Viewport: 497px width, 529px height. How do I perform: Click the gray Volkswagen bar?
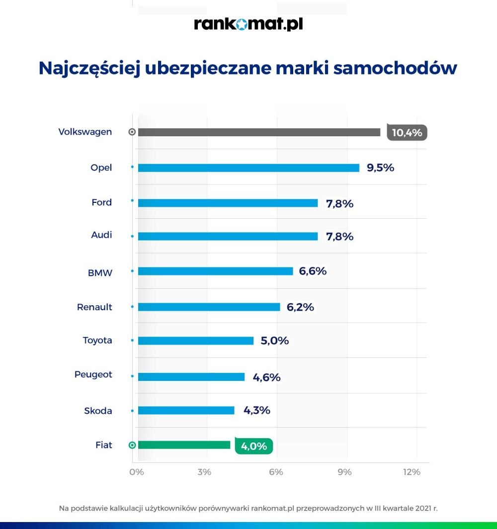[x=259, y=132]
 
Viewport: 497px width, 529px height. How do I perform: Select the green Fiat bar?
[x=184, y=445]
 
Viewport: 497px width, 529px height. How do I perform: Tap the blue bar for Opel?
[x=248, y=168]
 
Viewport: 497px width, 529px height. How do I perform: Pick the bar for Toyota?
[x=195, y=341]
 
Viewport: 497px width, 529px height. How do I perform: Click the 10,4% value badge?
[x=407, y=133]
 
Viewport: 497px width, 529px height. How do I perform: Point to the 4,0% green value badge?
[x=254, y=446]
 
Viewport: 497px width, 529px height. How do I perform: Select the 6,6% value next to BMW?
[x=313, y=271]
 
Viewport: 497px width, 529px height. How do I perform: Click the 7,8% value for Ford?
[x=339, y=203]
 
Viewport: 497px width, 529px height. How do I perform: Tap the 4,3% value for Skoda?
[x=256, y=411]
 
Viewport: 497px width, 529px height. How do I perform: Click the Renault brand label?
[x=94, y=307]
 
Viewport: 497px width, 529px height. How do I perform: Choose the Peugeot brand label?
[x=93, y=374]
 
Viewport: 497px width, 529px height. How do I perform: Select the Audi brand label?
[x=101, y=235]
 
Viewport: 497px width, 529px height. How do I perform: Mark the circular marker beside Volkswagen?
[x=132, y=132]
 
